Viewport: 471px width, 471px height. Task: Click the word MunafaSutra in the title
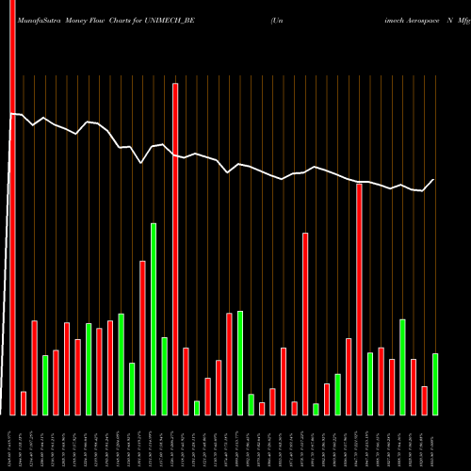click(33, 19)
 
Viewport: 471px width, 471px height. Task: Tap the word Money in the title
click(79, 19)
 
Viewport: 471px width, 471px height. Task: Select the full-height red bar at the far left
click(12, 207)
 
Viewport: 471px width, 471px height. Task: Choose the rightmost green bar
click(435, 383)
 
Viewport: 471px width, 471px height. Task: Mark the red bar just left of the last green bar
click(424, 400)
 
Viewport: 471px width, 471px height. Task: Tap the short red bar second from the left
click(24, 403)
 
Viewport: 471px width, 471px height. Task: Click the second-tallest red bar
click(175, 249)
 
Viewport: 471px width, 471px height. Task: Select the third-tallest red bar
click(359, 299)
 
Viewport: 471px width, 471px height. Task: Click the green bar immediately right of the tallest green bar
click(164, 376)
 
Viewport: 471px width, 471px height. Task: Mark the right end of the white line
click(434, 179)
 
